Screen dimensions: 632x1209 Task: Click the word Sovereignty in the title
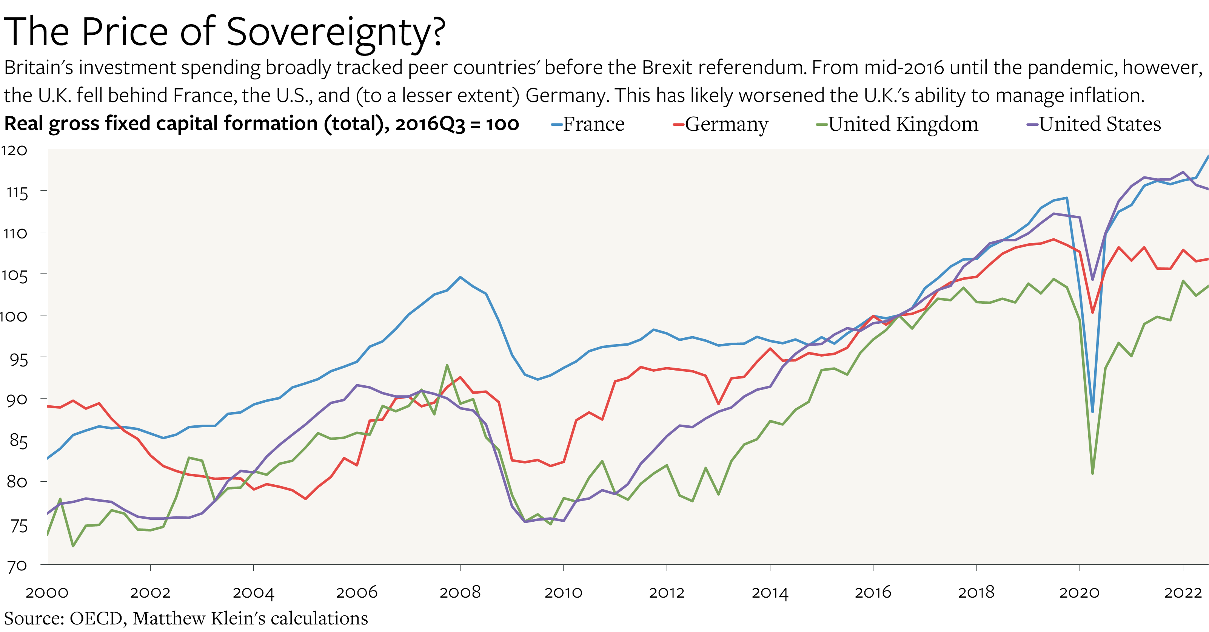pyautogui.click(x=335, y=33)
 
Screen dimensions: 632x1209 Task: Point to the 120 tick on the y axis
pyautogui.click(x=14, y=150)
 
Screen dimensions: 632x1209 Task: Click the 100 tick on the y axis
pyautogui.click(x=13, y=316)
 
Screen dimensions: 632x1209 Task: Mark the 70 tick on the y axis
pyautogui.click(x=17, y=566)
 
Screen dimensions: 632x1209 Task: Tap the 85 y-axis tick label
pyautogui.click(x=18, y=441)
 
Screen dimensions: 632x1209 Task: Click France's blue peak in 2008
pyautogui.click(x=460, y=277)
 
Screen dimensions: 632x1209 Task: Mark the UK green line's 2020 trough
pyautogui.click(x=1093, y=473)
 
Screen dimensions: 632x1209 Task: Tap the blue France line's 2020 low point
pyautogui.click(x=1093, y=412)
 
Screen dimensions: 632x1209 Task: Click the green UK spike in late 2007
pyautogui.click(x=447, y=365)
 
